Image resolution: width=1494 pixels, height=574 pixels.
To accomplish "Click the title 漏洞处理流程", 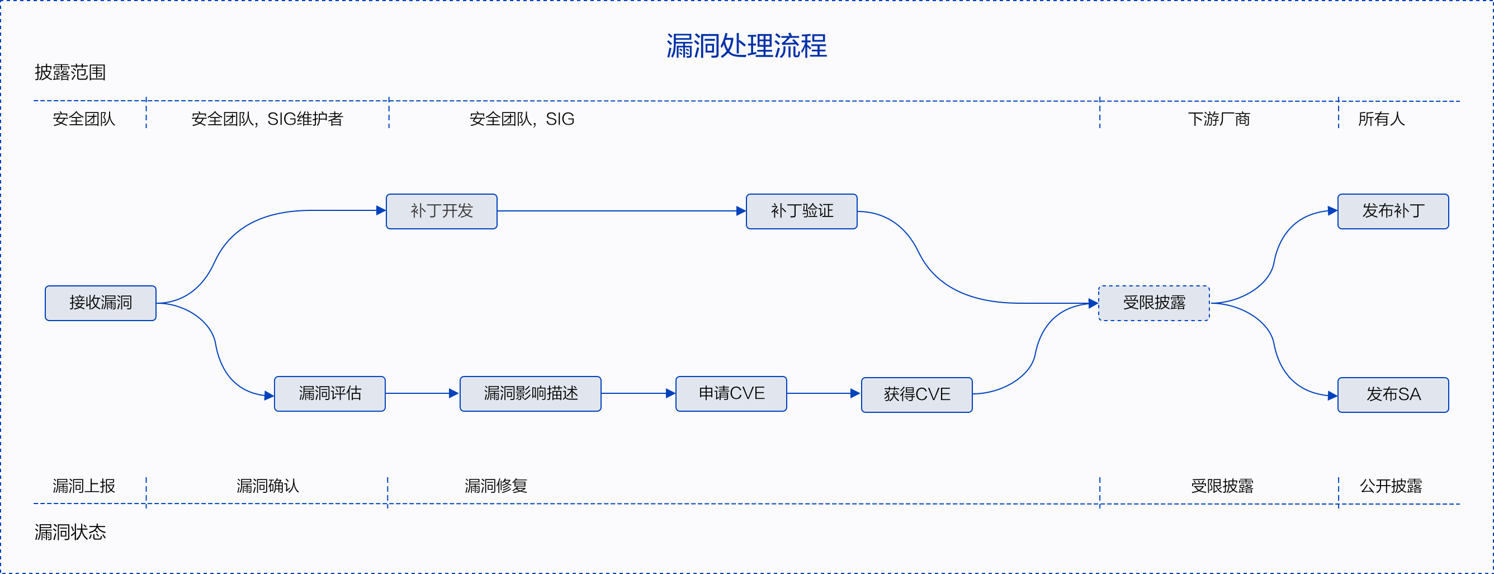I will click(746, 46).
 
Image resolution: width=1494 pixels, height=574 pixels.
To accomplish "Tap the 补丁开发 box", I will click(441, 211).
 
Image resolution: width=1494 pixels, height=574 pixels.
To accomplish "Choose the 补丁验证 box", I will click(802, 211).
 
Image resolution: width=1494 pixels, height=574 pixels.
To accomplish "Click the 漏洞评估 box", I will click(329, 393).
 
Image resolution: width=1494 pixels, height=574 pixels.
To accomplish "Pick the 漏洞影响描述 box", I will click(530, 393).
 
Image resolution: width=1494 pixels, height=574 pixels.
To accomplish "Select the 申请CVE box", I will click(731, 393).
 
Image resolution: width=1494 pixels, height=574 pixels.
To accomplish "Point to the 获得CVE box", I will click(916, 394).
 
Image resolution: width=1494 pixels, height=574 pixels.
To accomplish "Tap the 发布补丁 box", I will click(1392, 211).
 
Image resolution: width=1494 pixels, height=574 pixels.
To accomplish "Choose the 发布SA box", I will click(1392, 394).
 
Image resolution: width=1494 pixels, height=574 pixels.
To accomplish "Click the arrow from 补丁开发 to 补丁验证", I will click(621, 211).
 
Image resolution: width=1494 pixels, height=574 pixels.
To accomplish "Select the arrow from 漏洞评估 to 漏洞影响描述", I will click(422, 393).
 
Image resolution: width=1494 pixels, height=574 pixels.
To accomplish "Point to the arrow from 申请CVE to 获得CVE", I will click(824, 393).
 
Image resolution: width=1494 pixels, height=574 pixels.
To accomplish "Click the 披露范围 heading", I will click(70, 73).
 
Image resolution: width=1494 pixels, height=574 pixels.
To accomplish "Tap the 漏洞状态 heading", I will click(70, 532).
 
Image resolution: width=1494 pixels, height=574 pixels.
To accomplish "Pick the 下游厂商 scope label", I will click(1218, 119).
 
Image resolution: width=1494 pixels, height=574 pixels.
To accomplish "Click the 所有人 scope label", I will click(1381, 119).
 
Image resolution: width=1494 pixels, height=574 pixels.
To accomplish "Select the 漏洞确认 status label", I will click(267, 486).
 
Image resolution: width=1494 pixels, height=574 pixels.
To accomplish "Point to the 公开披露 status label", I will click(1390, 486).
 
